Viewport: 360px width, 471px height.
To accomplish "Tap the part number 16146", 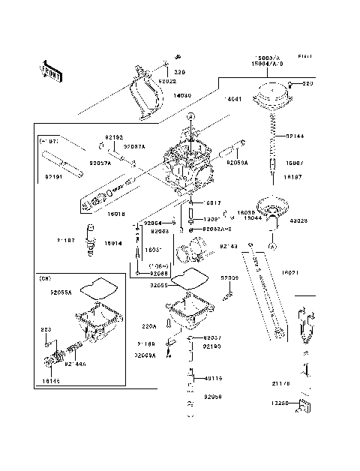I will (50, 382).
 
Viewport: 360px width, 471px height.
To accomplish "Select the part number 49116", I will (214, 379).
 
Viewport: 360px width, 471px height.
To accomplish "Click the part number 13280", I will (281, 403).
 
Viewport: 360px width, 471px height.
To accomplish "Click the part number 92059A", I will (237, 162).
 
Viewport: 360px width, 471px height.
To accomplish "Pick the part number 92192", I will (113, 137).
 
